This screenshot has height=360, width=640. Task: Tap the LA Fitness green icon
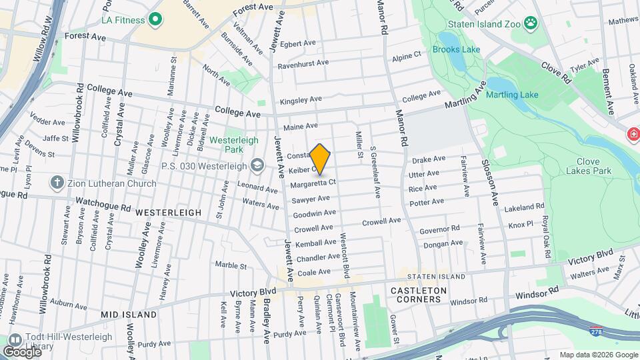156,19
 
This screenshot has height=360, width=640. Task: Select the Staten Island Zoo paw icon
531,24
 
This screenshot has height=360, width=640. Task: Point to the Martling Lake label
512,95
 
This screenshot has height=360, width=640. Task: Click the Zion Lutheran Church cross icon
58,183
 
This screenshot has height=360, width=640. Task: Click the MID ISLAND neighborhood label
129,314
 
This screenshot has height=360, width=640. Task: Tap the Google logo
22,351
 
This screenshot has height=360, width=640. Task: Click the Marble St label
231,265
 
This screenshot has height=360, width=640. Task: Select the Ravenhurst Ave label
303,63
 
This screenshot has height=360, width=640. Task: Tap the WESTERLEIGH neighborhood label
168,213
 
